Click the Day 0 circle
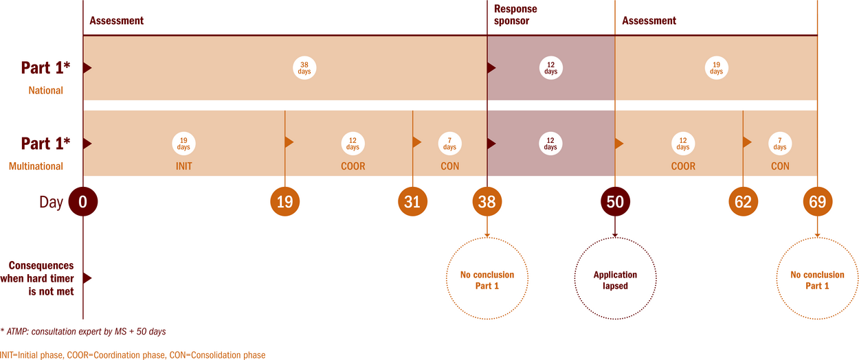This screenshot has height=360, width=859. coord(83,202)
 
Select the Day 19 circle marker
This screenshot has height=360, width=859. coord(285,202)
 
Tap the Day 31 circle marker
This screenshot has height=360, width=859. coord(412,202)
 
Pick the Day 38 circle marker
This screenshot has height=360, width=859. coord(487,202)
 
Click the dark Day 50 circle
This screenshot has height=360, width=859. coord(615,202)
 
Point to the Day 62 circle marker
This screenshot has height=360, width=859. coord(743,202)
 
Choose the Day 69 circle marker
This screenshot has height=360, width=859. coord(818,202)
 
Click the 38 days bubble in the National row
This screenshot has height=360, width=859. coord(304,68)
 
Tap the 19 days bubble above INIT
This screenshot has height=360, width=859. coord(183,144)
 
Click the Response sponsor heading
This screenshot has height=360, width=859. coord(515,15)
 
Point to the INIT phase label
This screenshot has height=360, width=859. coord(183,166)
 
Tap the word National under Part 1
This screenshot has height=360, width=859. coord(45,91)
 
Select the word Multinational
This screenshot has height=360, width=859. coord(36,166)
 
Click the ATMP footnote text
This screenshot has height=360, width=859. coord(83,331)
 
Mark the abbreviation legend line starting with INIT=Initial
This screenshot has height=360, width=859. coord(133,355)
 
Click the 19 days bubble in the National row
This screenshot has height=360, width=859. coord(716,68)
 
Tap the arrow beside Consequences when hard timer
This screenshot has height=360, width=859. coord(87,278)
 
